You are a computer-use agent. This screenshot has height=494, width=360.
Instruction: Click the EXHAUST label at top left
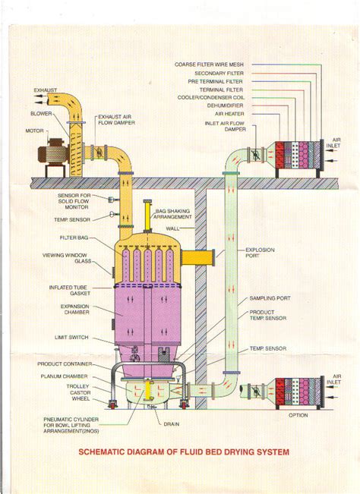45,90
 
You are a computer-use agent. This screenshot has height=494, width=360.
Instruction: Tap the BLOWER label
41,113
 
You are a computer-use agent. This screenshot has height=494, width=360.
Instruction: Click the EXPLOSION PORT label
260,253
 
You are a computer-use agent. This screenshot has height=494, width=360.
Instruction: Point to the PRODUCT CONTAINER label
65,364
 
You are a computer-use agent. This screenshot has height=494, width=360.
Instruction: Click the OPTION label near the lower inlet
298,416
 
